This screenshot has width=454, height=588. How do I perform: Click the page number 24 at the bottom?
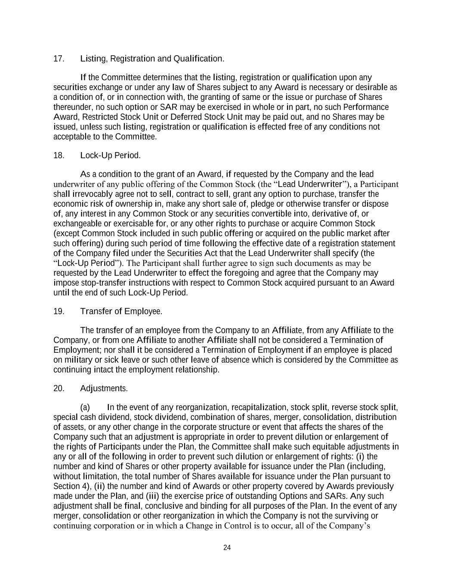pos(227,548)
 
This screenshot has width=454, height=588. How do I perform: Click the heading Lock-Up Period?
pos(110,156)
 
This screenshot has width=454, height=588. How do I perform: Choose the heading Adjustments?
pos(104,389)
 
